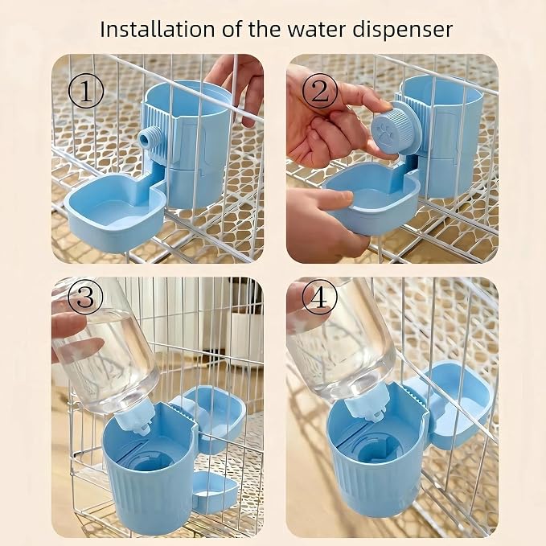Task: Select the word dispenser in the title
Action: tap(403, 31)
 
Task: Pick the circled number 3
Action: tap(85, 298)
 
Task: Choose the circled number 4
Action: tap(319, 298)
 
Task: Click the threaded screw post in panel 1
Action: tap(150, 138)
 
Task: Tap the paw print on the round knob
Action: tap(385, 133)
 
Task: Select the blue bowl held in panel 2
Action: tap(372, 198)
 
